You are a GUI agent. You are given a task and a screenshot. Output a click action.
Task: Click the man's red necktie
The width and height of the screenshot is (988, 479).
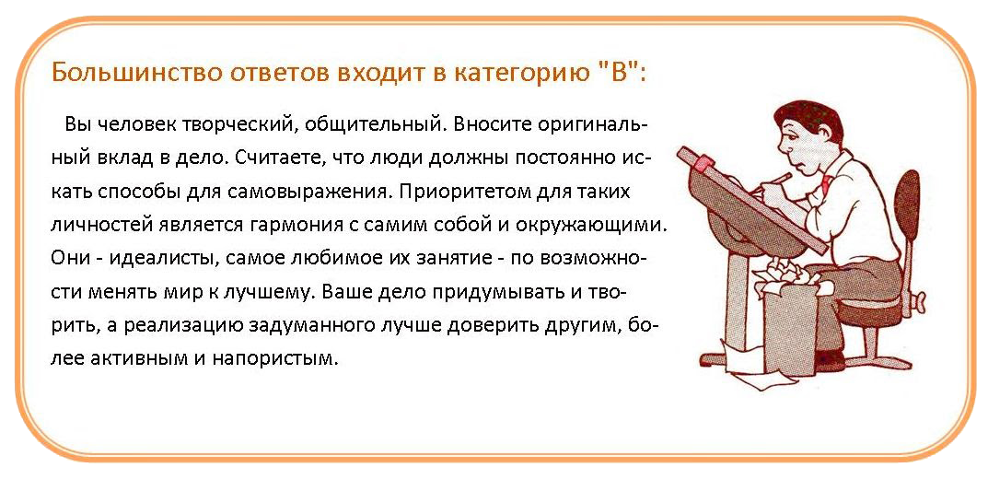point(825,184)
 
